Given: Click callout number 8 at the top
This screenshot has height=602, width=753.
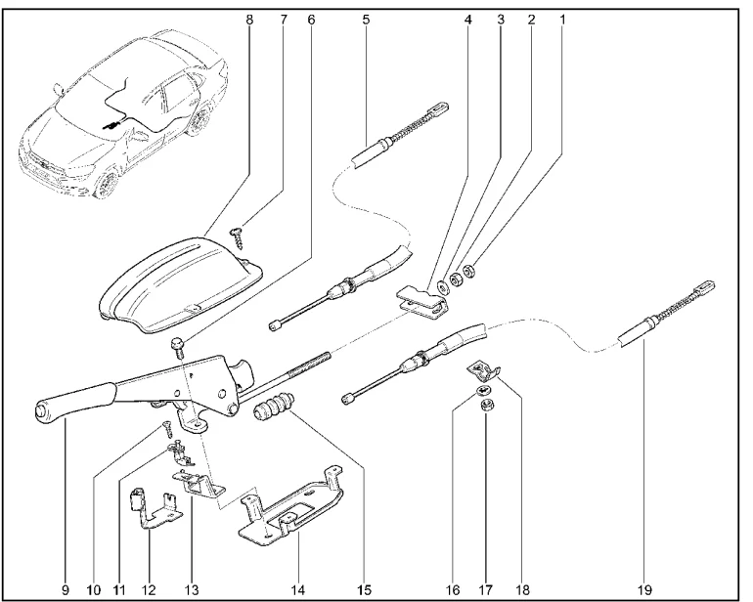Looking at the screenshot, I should [x=249, y=17].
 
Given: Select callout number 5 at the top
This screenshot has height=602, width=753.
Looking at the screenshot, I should [x=365, y=17].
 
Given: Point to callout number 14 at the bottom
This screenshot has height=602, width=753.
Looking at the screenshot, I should [x=298, y=589].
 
